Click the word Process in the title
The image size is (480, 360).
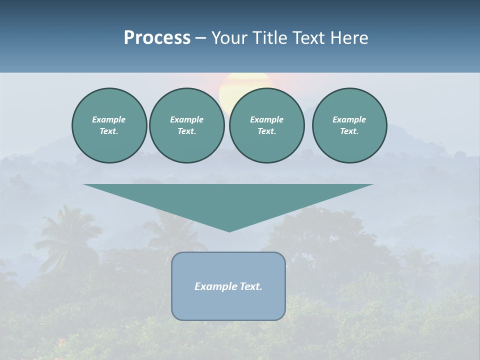pyautogui.click(x=157, y=38)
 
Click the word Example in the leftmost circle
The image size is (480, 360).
pyautogui.click(x=109, y=119)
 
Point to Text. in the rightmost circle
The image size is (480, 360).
pyautogui.click(x=349, y=131)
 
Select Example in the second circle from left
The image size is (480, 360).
pyautogui.click(x=186, y=119)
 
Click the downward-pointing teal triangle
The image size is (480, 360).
pyautogui.click(x=228, y=200)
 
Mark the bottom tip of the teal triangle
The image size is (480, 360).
pyautogui.click(x=229, y=230)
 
